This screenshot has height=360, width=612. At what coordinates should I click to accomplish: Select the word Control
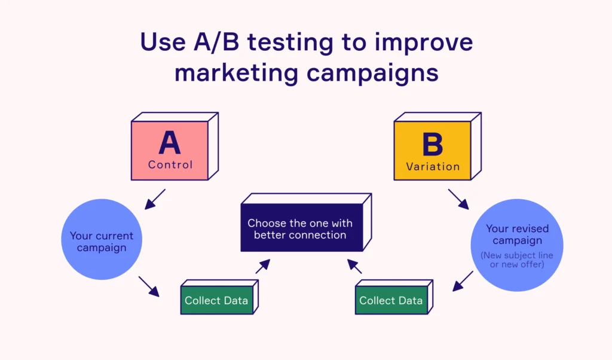click(x=170, y=164)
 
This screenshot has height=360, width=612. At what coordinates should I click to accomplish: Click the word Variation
click(x=432, y=167)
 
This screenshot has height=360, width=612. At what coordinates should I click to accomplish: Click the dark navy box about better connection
click(x=300, y=229)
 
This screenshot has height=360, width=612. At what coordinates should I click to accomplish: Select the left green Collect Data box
click(x=216, y=301)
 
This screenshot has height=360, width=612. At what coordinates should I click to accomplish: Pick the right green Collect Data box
click(x=390, y=301)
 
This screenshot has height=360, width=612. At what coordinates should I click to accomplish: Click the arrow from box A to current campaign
click(x=155, y=200)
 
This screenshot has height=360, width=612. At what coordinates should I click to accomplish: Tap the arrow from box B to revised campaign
click(x=458, y=200)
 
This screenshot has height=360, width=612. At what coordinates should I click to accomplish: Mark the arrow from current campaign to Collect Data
click(x=149, y=286)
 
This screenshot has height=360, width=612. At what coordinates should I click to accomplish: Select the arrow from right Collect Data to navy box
click(x=353, y=267)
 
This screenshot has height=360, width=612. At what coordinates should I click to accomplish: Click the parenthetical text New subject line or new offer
click(x=517, y=260)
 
